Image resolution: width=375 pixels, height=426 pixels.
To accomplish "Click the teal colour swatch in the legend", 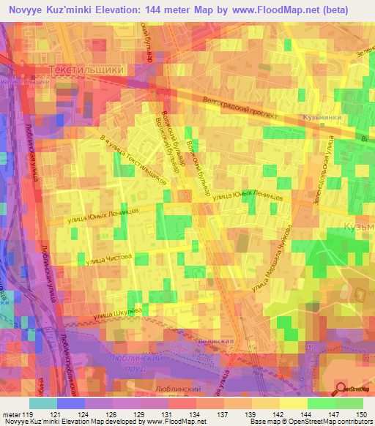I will (x=43, y=403).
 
